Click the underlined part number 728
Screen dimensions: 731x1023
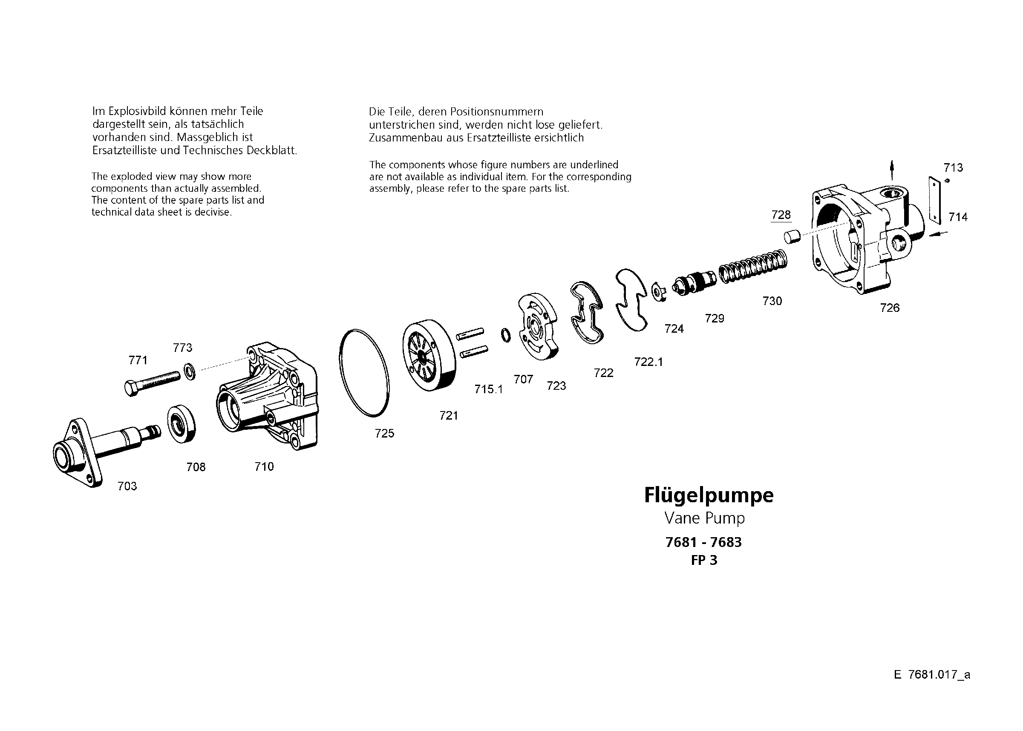point(781,215)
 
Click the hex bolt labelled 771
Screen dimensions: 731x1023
point(151,383)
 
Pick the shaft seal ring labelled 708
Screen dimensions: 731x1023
point(182,423)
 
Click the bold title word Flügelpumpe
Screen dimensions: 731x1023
point(709,495)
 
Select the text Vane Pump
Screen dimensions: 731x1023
point(705,518)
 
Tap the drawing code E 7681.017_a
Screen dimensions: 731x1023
point(932,675)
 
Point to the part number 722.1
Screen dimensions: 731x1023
point(648,362)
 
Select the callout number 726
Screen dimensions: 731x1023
point(890,308)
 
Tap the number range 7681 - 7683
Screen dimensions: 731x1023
point(704,542)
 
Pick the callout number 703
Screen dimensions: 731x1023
point(127,486)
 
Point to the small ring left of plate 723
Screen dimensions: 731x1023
point(506,335)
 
